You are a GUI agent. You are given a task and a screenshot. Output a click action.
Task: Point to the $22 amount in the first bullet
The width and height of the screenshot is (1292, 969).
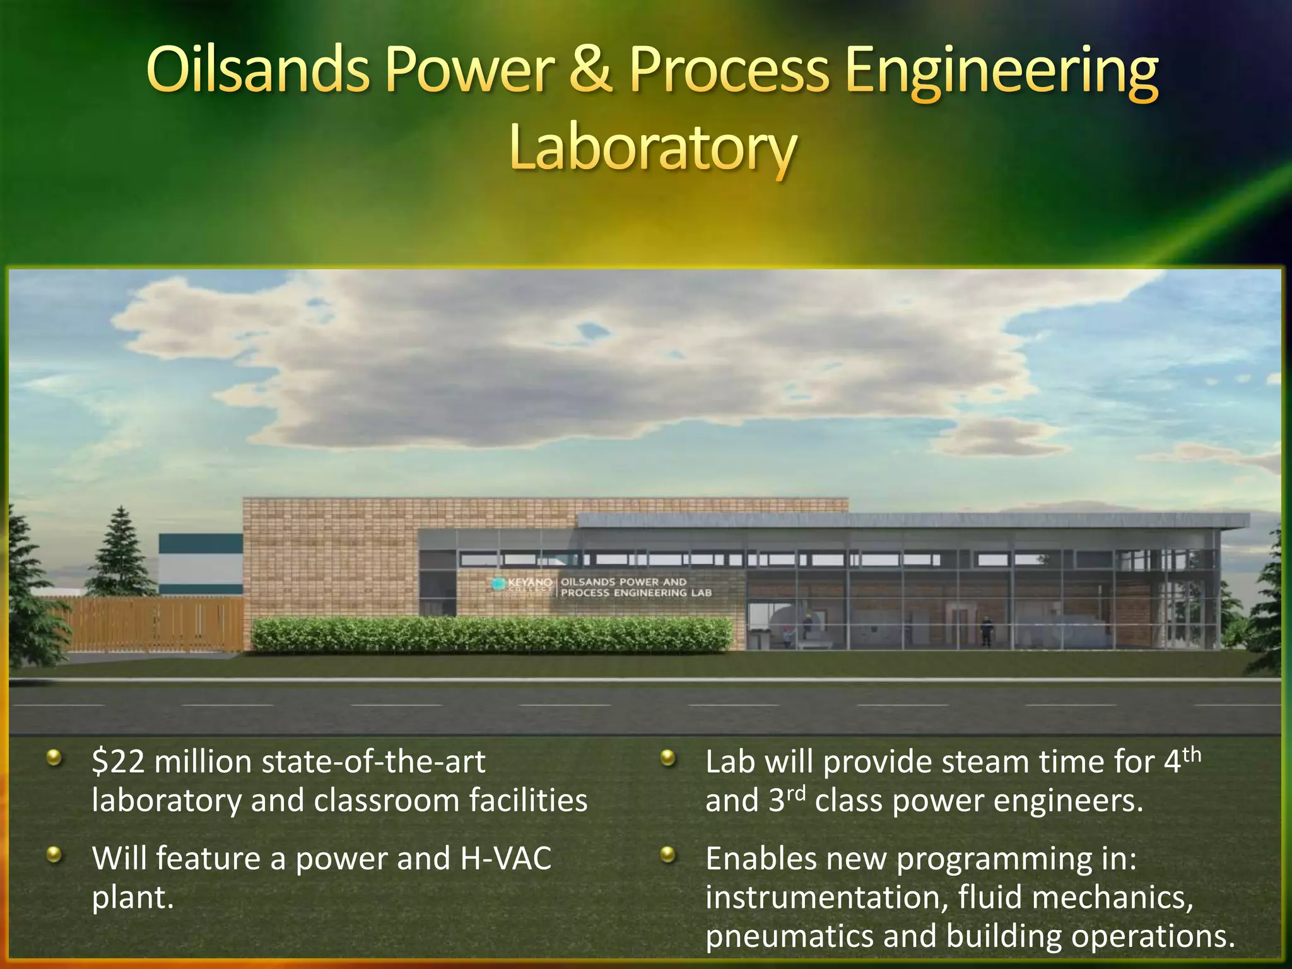pyautogui.click(x=119, y=762)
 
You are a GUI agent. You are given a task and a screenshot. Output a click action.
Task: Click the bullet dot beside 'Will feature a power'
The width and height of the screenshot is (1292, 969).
pyautogui.click(x=54, y=855)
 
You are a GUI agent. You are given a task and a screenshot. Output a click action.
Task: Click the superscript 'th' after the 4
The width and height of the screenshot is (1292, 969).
pyautogui.click(x=1192, y=755)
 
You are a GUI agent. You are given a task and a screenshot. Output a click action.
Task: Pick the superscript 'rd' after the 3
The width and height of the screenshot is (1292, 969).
pyautogui.click(x=797, y=793)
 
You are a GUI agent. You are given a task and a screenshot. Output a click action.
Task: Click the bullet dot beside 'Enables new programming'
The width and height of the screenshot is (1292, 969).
pyautogui.click(x=667, y=855)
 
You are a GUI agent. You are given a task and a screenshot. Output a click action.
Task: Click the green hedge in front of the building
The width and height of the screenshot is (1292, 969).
pyautogui.click(x=492, y=633)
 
